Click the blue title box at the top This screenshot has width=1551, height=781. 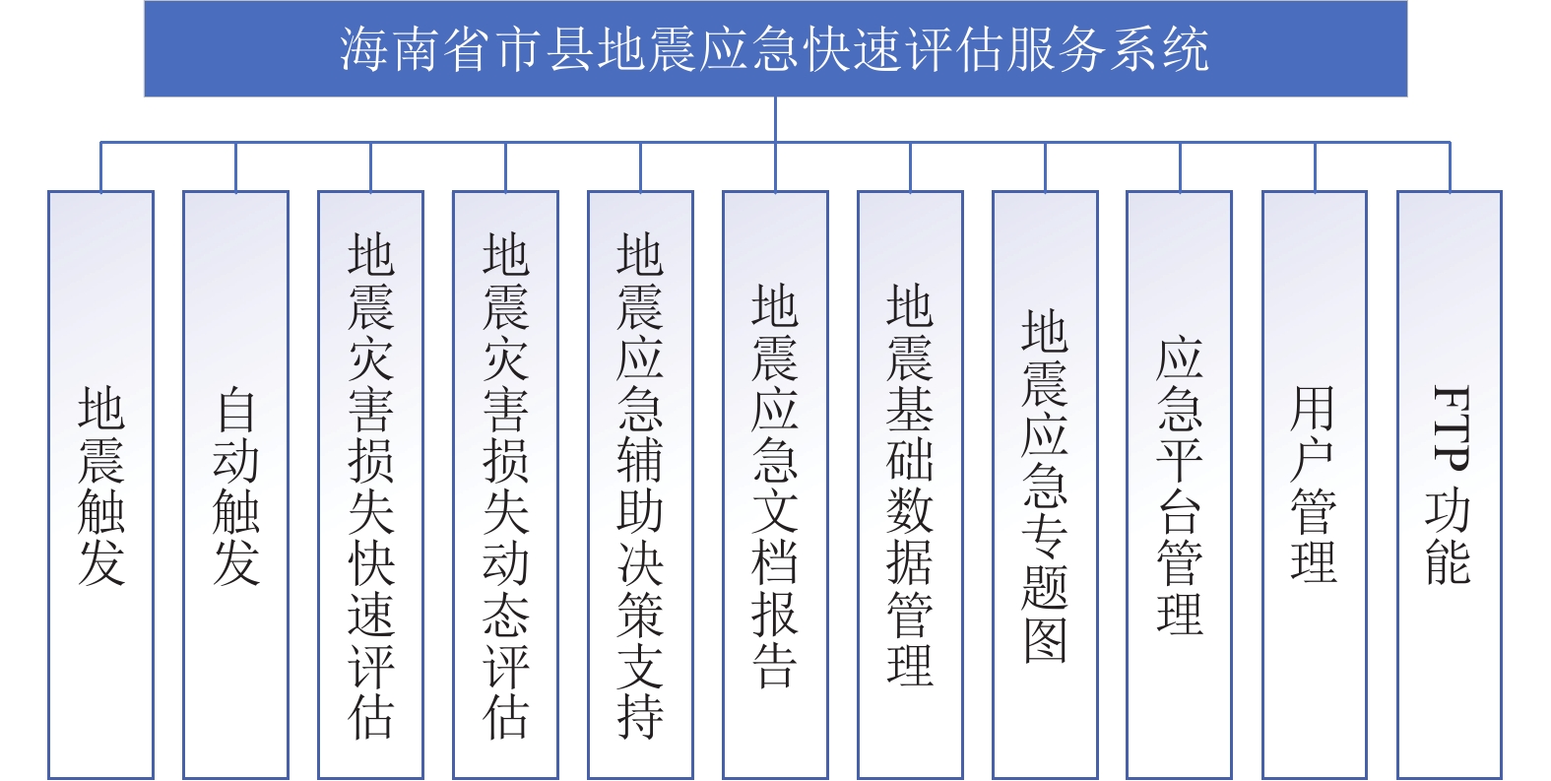point(776,48)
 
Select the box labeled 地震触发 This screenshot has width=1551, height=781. point(101,485)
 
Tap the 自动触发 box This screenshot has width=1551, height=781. point(236,485)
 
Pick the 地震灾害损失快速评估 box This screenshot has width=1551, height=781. point(370,485)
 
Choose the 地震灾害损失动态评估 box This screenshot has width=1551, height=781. point(505,485)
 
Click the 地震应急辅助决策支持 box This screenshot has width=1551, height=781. point(640,485)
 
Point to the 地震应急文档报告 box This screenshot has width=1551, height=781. point(776,485)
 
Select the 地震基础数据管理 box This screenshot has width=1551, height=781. point(911,485)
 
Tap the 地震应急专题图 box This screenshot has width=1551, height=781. point(1046,485)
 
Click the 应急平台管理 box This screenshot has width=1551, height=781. point(1180,485)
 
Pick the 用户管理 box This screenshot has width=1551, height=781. point(1315,485)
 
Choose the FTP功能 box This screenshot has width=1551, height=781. point(1450,485)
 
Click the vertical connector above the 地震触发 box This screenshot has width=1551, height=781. point(101,166)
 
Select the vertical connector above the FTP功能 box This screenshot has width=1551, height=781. point(1450,166)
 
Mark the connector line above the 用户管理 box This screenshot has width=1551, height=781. point(1315,166)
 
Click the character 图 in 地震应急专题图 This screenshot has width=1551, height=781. point(1046,640)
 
